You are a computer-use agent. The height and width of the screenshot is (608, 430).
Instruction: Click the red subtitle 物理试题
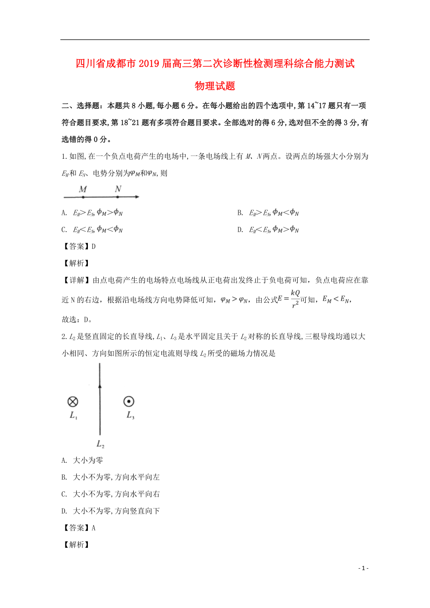pyautogui.click(x=215, y=86)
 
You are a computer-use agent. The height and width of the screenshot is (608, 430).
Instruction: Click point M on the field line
pyautogui.click(x=83, y=197)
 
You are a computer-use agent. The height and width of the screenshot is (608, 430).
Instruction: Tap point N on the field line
pyautogui.click(x=118, y=197)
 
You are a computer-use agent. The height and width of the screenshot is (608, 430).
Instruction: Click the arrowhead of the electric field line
pyautogui.click(x=136, y=197)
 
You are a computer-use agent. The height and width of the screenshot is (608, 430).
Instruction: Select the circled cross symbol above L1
pyautogui.click(x=73, y=401)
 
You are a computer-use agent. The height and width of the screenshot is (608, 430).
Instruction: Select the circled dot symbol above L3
pyautogui.click(x=129, y=401)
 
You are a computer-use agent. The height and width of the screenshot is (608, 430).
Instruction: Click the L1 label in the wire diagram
pyautogui.click(x=73, y=416)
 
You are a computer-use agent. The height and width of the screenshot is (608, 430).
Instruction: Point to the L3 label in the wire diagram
pyautogui.click(x=130, y=416)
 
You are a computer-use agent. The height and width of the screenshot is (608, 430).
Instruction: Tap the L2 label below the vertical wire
pyautogui.click(x=100, y=444)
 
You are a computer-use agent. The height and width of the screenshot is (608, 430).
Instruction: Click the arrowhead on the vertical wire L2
pyautogui.click(x=100, y=385)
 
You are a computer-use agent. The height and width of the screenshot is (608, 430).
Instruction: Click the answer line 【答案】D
pyautogui.click(x=79, y=246)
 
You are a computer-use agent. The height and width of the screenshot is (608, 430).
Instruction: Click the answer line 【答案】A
pyautogui.click(x=79, y=528)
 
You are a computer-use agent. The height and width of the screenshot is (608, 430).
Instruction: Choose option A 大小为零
pyautogui.click(x=82, y=460)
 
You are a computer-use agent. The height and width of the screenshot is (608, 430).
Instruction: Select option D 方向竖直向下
pyautogui.click(x=111, y=511)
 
